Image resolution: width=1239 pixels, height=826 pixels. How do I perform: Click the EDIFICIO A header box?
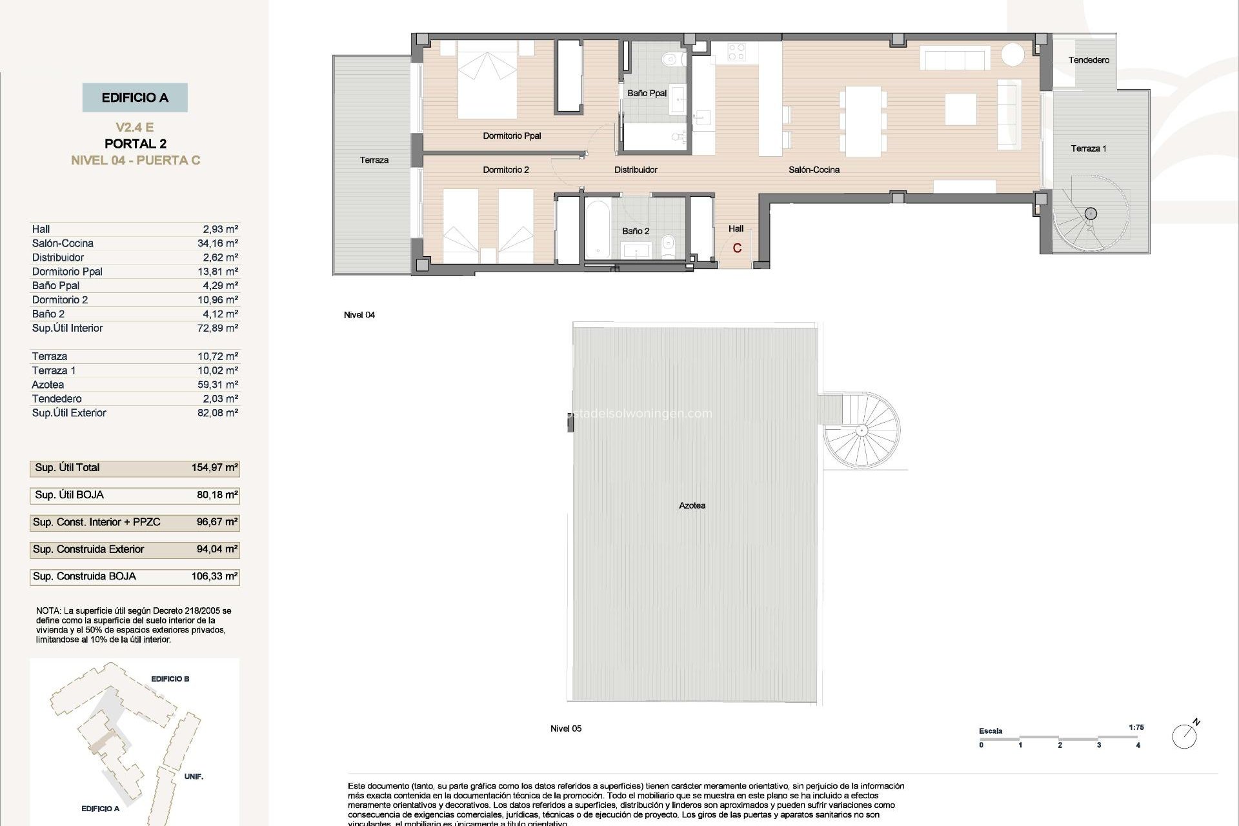pos(135,97)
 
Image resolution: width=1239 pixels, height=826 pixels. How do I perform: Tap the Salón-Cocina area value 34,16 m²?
pos(217,243)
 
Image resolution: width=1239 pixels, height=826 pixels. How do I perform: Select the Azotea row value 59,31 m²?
pos(217,385)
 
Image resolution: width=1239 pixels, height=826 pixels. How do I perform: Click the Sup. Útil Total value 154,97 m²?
pos(214,468)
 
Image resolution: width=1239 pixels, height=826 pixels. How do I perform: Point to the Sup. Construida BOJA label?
pos(85,576)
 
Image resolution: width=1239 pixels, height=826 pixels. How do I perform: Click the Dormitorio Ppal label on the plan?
pos(512,136)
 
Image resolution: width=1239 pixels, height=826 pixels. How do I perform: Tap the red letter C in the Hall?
pos(737,248)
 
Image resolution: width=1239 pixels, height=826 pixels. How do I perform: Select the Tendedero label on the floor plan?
pos(1089,60)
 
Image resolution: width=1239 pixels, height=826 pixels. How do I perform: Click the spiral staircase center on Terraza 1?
pos(1091,214)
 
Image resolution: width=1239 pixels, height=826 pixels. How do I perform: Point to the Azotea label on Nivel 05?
pos(692,505)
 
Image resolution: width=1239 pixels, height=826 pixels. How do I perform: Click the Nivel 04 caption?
pos(359,315)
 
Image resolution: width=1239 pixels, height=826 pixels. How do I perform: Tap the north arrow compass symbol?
pos(1185,736)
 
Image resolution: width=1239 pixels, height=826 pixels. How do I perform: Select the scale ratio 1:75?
pos(1136,727)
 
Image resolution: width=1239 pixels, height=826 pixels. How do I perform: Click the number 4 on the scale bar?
pos(1138,745)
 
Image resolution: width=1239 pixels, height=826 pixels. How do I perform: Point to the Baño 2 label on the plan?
pos(636,231)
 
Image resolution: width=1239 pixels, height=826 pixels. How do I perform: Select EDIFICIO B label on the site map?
pos(170,679)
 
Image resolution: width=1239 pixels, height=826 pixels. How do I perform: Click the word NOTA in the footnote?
pos(48,610)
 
